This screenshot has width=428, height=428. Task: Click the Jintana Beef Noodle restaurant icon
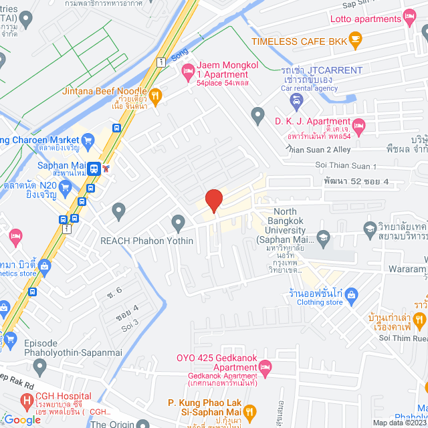tap(155, 96)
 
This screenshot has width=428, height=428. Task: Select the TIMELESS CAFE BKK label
tap(297, 41)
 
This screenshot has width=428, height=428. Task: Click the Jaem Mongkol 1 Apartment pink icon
tap(189, 69)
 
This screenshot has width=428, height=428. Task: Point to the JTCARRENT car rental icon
tap(297, 100)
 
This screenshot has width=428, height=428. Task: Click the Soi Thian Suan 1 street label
tap(346, 166)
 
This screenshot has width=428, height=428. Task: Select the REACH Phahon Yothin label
tap(139, 241)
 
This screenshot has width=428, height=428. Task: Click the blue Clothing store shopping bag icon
tap(353, 294)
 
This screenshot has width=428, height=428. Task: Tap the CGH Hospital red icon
tap(27, 401)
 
